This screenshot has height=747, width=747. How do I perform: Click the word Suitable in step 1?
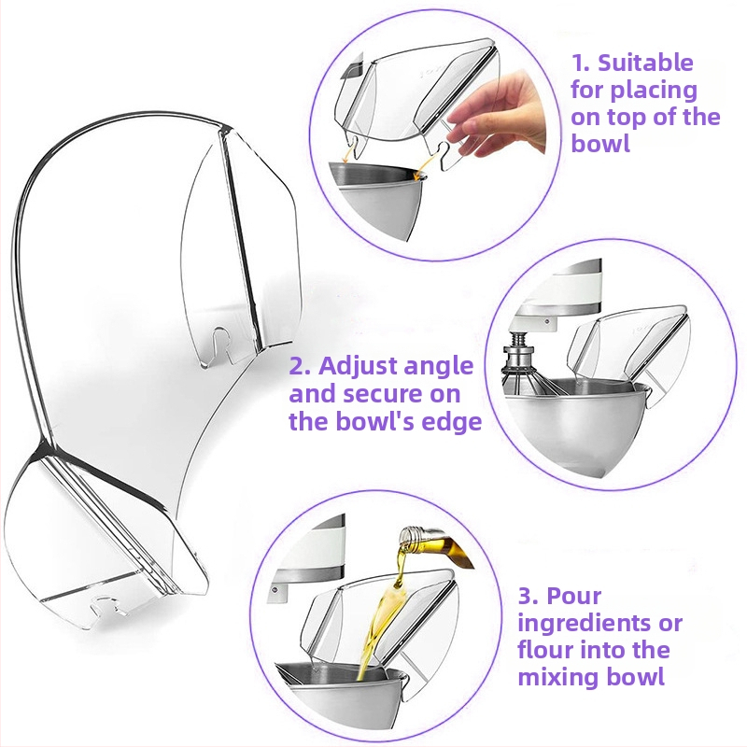pos(645,63)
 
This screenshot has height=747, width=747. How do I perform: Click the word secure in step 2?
pos(383,394)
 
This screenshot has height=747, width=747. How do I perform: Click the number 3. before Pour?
pos(529,596)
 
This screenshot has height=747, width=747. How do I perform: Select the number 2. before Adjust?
pos(301,366)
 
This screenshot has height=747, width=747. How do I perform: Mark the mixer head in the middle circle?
pos(557,291)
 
